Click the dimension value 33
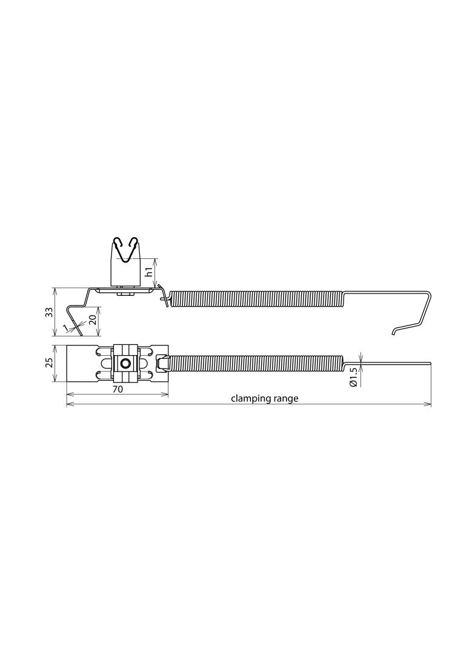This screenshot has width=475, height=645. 49,312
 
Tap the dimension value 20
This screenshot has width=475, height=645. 93,319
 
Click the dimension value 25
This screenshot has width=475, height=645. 49,362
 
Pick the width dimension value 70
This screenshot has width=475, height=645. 118,389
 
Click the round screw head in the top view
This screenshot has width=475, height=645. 125,364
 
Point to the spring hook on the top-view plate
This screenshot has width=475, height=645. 162,363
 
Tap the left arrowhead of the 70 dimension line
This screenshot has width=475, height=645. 68,394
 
